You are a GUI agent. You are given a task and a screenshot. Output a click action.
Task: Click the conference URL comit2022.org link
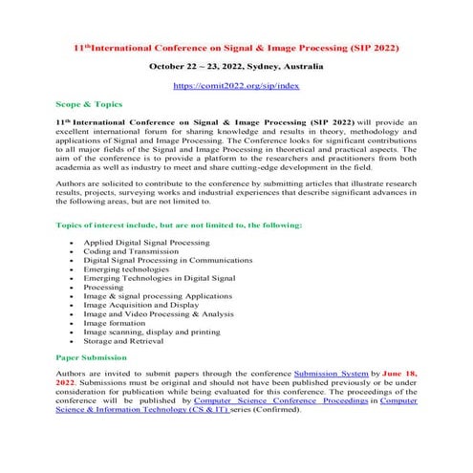coord(235,85)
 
